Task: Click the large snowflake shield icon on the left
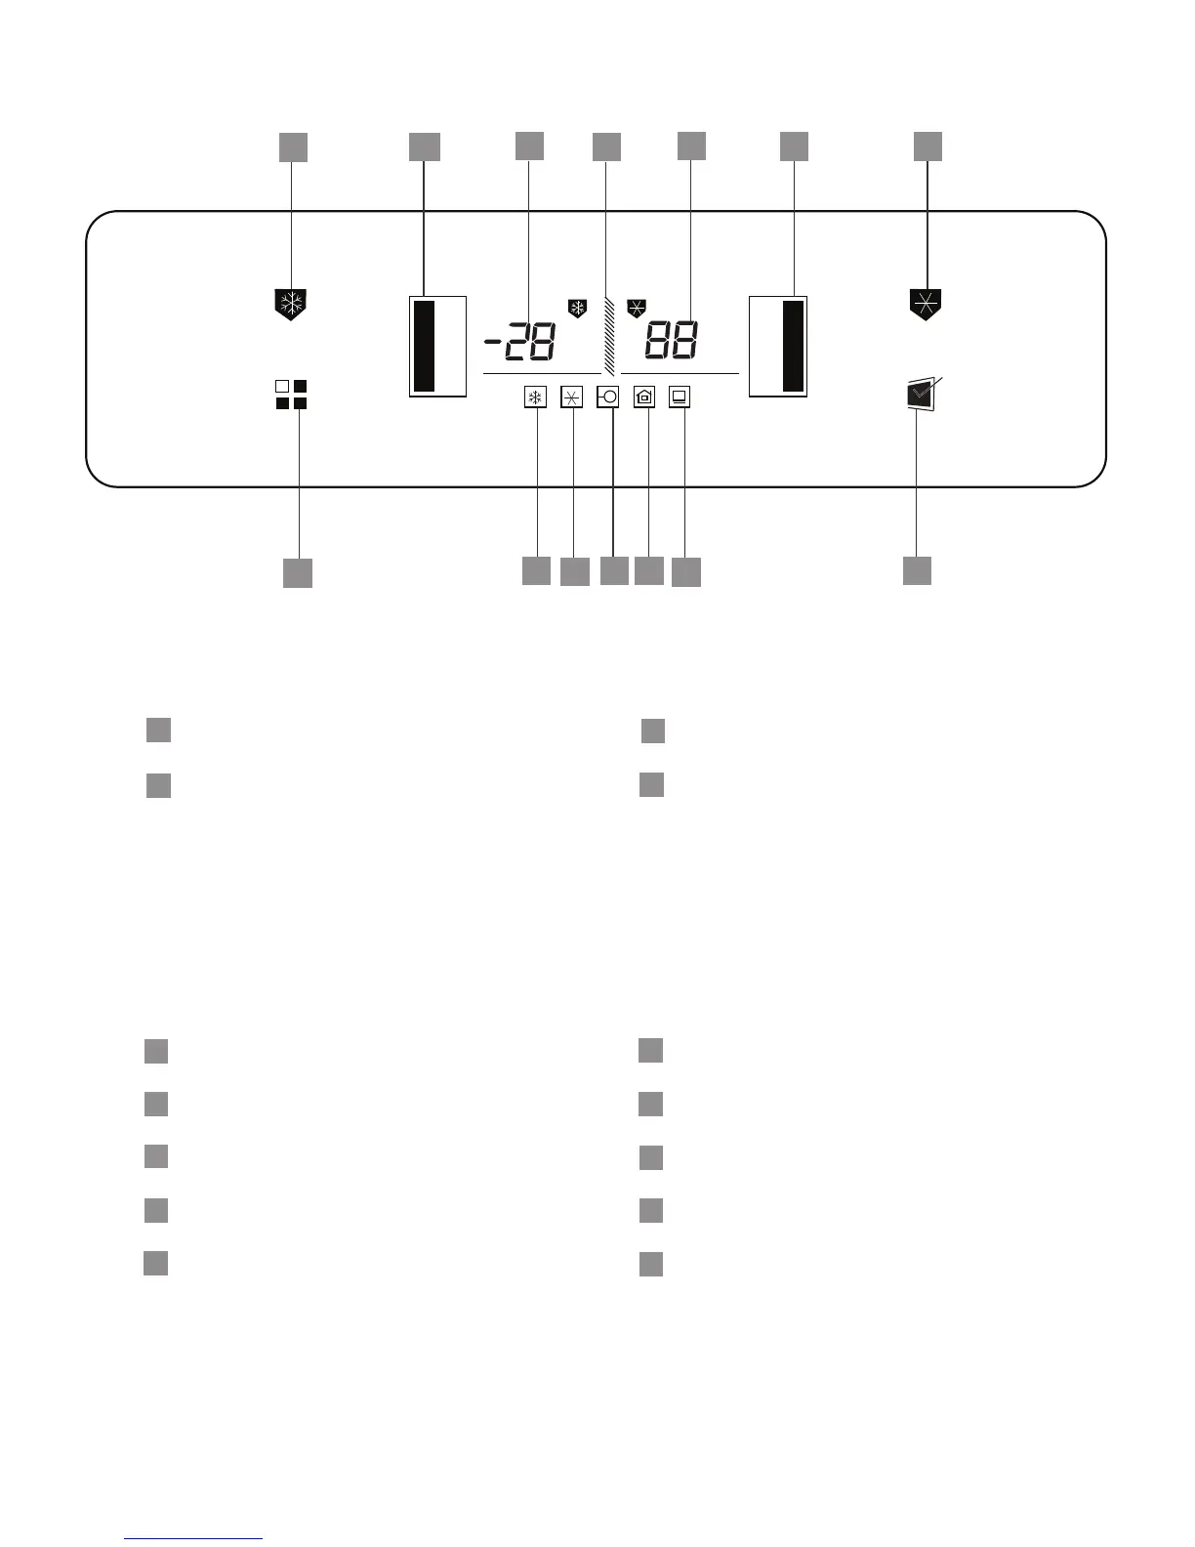tap(291, 304)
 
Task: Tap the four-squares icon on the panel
tap(291, 395)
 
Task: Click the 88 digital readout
tap(671, 341)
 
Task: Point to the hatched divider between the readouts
tap(608, 336)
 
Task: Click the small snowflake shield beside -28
tap(577, 309)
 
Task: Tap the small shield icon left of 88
tap(637, 308)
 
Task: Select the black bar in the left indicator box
tap(424, 346)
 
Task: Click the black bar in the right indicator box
tap(794, 346)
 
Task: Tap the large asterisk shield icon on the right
tap(925, 304)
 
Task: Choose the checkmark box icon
tap(919, 396)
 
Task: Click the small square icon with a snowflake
tap(535, 397)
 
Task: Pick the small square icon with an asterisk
tap(572, 397)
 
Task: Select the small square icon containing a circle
tap(608, 397)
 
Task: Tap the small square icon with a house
tap(644, 397)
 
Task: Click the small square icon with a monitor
tap(680, 397)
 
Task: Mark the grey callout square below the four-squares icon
tap(298, 573)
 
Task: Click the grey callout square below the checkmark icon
tap(917, 570)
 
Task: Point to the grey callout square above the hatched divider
tap(606, 146)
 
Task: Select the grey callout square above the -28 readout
tap(529, 145)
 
